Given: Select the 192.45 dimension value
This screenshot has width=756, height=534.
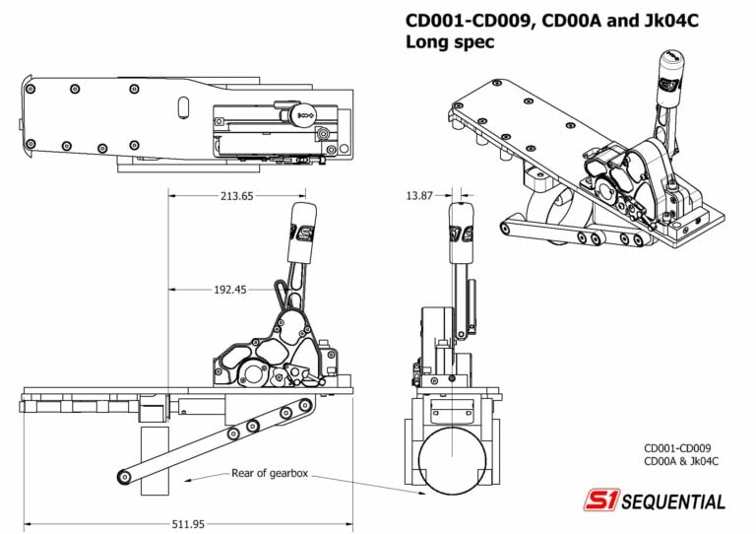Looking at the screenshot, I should (x=229, y=290).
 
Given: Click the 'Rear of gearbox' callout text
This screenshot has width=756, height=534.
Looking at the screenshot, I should (x=270, y=474).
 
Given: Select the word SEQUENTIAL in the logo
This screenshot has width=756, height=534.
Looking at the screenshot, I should (x=672, y=501).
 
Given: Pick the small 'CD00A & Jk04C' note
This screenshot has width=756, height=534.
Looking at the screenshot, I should (x=681, y=460).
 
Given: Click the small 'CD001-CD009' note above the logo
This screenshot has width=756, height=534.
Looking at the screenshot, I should (x=680, y=445).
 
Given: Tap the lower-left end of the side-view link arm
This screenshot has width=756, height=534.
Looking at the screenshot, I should (x=124, y=477).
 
